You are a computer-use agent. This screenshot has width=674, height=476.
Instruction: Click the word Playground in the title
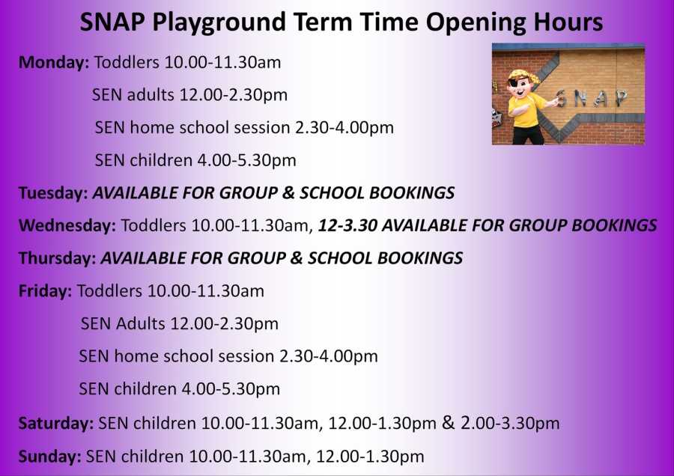click(x=219, y=22)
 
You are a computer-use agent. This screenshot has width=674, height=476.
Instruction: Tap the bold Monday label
click(x=54, y=63)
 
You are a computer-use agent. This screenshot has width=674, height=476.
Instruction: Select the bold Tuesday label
click(x=53, y=193)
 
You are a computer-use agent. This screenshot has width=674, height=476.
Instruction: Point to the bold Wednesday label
click(x=67, y=226)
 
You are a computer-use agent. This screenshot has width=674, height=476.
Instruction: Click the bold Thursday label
click(x=57, y=258)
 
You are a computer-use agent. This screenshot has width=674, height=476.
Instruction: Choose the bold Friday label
click(x=45, y=291)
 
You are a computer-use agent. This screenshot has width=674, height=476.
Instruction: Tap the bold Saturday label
click(x=56, y=424)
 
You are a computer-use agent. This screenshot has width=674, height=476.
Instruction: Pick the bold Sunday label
click(x=49, y=457)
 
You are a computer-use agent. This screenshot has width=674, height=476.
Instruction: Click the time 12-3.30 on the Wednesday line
click(x=347, y=225)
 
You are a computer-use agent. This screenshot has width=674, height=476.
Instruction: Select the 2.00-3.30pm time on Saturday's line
click(x=510, y=424)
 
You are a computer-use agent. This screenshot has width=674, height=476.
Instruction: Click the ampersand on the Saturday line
click(x=448, y=422)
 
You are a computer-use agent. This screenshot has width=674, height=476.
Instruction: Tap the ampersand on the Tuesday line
click(x=288, y=193)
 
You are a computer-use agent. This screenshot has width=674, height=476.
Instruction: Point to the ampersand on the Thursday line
click(x=296, y=258)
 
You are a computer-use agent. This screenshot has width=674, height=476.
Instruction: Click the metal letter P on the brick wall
click(x=620, y=98)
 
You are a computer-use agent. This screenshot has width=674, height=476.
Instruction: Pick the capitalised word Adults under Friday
click(x=140, y=323)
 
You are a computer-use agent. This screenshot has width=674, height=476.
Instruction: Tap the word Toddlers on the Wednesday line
click(x=154, y=225)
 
